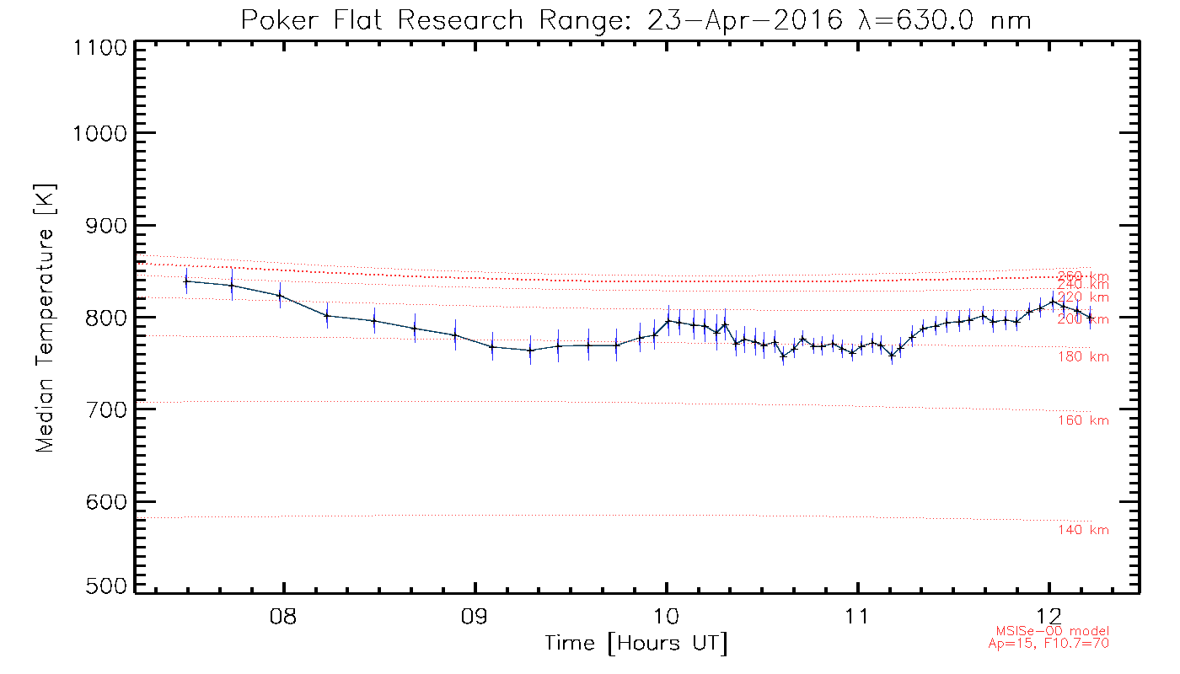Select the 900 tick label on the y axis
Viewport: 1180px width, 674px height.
(106, 225)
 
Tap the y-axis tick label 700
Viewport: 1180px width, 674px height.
(106, 409)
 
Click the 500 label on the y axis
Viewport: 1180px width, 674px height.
(106, 586)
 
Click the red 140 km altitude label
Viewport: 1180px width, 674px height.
(1083, 530)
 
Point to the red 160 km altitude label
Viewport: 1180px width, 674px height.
(1083, 420)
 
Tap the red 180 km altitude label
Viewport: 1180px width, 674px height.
(1083, 357)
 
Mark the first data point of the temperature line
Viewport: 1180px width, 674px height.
(186, 281)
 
